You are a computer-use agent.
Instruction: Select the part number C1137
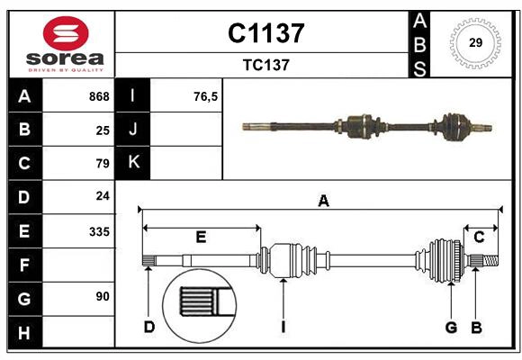(265, 33)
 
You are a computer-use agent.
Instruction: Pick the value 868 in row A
(98, 96)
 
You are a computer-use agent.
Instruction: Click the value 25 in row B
(102, 130)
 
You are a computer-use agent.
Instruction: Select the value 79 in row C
(102, 164)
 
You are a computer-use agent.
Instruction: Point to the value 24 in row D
(102, 196)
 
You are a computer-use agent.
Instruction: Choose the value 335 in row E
(98, 231)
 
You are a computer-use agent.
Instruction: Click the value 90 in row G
(102, 296)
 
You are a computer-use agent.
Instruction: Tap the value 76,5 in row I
(205, 96)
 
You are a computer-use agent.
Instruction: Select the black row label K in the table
(134, 163)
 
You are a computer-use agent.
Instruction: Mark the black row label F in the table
(24, 265)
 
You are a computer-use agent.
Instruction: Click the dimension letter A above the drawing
(323, 202)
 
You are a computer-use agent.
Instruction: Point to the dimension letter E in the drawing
(201, 238)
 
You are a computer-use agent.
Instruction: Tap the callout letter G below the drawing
(452, 327)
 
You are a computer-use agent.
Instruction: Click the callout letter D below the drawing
(149, 327)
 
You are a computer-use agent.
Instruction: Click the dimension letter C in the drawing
(479, 238)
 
